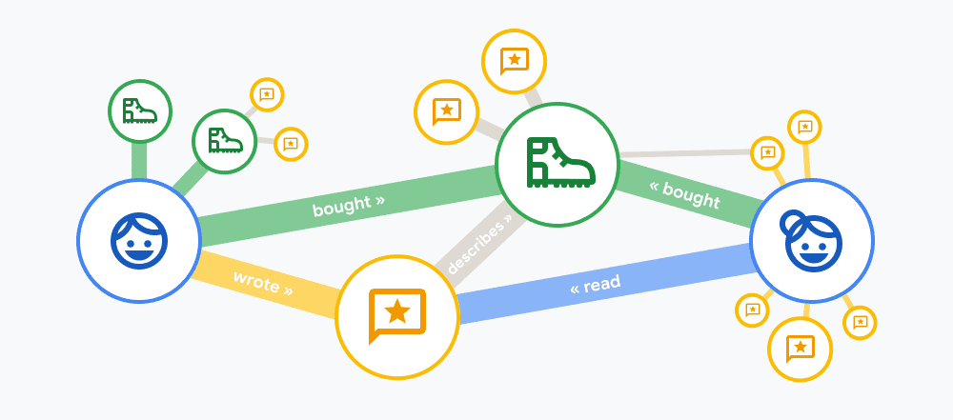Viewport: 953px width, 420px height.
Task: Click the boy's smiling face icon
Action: (x=139, y=241)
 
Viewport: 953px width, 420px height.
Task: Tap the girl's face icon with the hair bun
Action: (x=811, y=240)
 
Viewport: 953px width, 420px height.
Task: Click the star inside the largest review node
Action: (x=396, y=310)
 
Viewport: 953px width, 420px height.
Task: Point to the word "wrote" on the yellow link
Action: (x=255, y=280)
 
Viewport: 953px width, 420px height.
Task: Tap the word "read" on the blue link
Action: (x=601, y=283)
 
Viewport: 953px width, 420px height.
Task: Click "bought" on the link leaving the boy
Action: (x=340, y=206)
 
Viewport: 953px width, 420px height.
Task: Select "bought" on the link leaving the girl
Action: (x=691, y=195)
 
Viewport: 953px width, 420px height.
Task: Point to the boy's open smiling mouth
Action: (x=139, y=254)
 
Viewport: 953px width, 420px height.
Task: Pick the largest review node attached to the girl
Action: (x=800, y=349)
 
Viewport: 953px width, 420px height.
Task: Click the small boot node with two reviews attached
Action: (x=224, y=141)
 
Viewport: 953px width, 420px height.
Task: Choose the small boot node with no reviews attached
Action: (x=140, y=111)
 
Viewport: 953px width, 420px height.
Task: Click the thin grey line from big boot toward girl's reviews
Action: (x=685, y=153)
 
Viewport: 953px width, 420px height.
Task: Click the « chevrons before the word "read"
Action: (x=575, y=289)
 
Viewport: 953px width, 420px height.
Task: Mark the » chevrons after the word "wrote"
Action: (x=287, y=290)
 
